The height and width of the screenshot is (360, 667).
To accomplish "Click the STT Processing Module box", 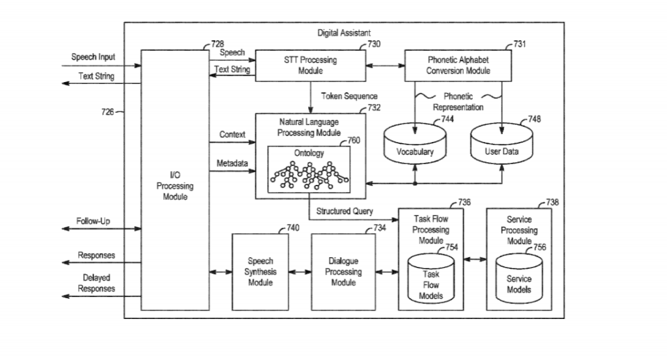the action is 310,66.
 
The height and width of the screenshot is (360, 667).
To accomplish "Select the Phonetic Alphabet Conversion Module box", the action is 458,66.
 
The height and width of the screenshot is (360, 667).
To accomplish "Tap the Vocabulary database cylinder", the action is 415,144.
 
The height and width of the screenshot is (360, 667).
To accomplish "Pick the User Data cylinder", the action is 502,144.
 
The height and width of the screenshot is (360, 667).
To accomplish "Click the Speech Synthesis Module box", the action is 261,272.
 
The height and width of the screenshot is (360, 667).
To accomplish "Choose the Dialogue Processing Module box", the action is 343,272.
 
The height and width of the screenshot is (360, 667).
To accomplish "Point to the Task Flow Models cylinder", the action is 431,279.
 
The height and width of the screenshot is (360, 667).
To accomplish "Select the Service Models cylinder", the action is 519,279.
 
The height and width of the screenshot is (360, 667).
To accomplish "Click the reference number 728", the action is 218,44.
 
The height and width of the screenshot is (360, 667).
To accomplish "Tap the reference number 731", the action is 520,44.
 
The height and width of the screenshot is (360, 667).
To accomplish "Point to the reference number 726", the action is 107,112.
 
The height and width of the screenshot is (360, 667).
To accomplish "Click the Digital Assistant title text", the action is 344,33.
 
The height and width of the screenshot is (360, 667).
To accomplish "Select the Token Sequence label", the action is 349,96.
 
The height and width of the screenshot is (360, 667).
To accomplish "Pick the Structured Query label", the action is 345,211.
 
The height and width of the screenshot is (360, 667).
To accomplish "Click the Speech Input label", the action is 93,57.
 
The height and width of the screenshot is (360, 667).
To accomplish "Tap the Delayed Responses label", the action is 96,283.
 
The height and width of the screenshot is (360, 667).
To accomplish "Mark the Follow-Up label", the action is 93,221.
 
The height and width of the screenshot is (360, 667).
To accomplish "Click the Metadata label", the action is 233,163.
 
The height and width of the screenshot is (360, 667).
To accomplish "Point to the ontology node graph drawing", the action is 309,175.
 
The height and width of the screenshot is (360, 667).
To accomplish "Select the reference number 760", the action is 354,140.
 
